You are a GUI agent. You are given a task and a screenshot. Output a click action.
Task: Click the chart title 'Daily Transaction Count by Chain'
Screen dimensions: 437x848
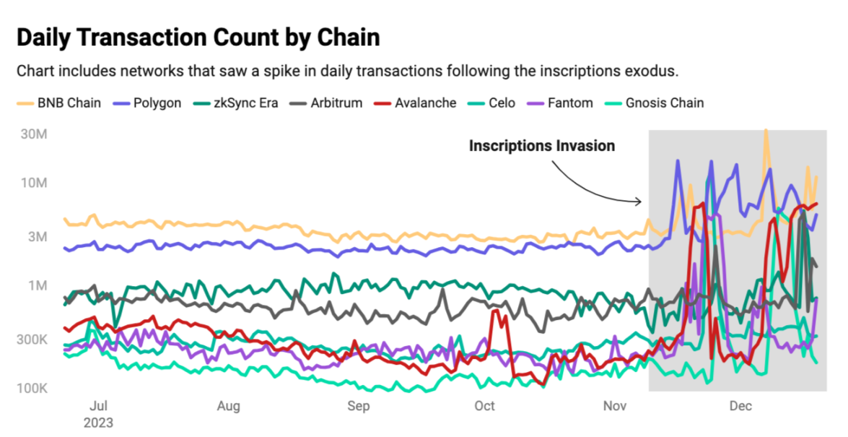pyautogui.click(x=198, y=38)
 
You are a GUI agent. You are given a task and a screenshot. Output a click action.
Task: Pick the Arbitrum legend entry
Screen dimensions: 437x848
pyautogui.click(x=330, y=103)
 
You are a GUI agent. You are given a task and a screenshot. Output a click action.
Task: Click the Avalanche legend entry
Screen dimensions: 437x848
pyautogui.click(x=416, y=103)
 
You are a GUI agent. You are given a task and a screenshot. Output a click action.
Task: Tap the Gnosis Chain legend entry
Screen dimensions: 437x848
pyautogui.click(x=657, y=103)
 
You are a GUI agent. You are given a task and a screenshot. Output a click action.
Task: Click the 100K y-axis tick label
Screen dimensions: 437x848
pyautogui.click(x=31, y=389)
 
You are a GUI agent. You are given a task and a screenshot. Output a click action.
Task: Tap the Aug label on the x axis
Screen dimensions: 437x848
pyautogui.click(x=228, y=406)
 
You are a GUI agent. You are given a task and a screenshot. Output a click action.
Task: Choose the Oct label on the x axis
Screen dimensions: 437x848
pyautogui.click(x=485, y=406)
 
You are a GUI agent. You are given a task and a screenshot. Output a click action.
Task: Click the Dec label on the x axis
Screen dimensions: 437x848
pyautogui.click(x=740, y=406)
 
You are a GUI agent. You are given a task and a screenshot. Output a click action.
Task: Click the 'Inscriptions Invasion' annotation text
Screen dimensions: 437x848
pyautogui.click(x=542, y=146)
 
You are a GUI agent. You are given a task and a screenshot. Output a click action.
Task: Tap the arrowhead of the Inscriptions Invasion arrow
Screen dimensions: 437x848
pyautogui.click(x=640, y=201)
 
